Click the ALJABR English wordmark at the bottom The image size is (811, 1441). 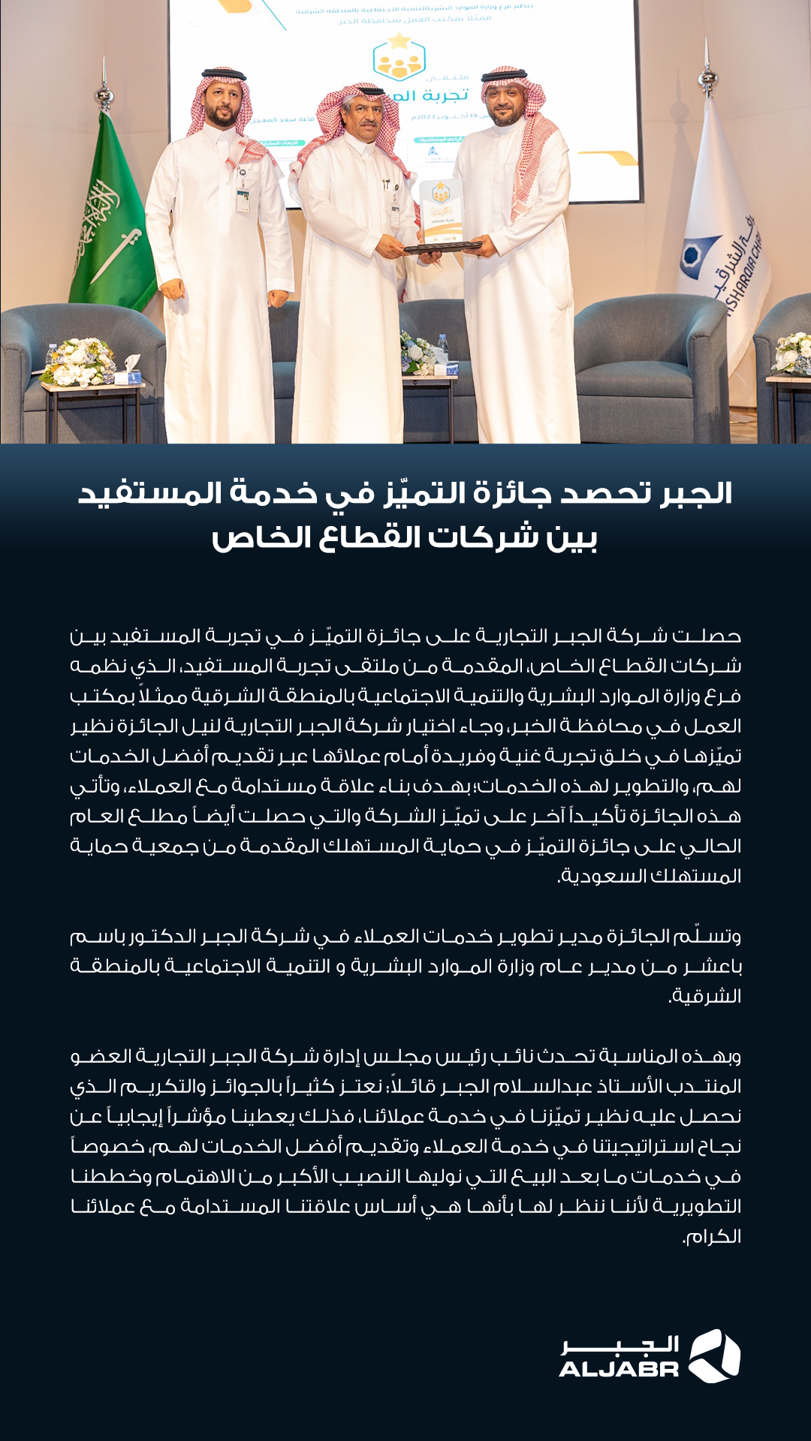pyautogui.click(x=619, y=1369)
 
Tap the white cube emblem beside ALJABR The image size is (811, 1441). pyautogui.click(x=714, y=1355)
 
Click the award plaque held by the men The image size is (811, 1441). pyautogui.click(x=441, y=214)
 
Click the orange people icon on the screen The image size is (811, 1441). pyautogui.click(x=399, y=60)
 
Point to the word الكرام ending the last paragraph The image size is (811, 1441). pyautogui.click(x=712, y=1237)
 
